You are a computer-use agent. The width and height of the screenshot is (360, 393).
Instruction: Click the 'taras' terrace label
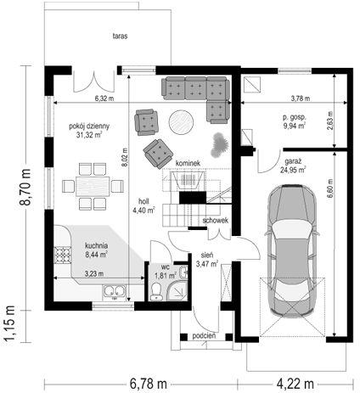[x=120, y=36]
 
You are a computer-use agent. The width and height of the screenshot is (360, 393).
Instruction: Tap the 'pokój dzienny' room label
[x=89, y=126]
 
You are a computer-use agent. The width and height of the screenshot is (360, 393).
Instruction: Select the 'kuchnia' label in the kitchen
[x=97, y=245]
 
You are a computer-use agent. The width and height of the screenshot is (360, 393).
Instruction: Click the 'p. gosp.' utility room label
[x=295, y=117]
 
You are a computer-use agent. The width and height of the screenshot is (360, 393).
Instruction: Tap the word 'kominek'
[x=188, y=163]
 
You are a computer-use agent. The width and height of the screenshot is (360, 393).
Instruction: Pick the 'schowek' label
[x=216, y=221]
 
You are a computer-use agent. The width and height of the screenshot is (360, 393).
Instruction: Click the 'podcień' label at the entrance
[x=204, y=336]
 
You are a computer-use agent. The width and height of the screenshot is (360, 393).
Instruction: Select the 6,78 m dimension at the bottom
[x=149, y=385]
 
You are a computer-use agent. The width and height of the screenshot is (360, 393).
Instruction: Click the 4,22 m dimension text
[x=295, y=385]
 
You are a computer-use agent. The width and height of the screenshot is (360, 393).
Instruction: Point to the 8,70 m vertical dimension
[x=25, y=187]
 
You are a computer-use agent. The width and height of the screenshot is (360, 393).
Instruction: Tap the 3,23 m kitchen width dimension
[x=94, y=274]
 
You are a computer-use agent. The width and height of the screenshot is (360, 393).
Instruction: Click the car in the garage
[x=292, y=251]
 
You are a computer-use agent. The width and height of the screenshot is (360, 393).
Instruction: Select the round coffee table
[x=181, y=122]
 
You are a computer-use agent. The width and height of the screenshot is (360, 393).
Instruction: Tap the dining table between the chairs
[x=93, y=186]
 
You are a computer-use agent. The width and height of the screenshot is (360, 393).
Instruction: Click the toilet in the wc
[x=156, y=291]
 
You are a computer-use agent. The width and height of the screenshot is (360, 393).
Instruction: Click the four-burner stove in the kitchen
[x=63, y=255]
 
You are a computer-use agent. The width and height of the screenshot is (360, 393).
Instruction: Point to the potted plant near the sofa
[x=220, y=145]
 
